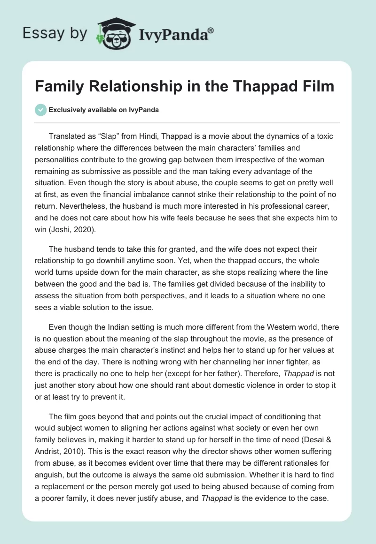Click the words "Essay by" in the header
click(55, 34)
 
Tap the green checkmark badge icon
click(40, 110)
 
